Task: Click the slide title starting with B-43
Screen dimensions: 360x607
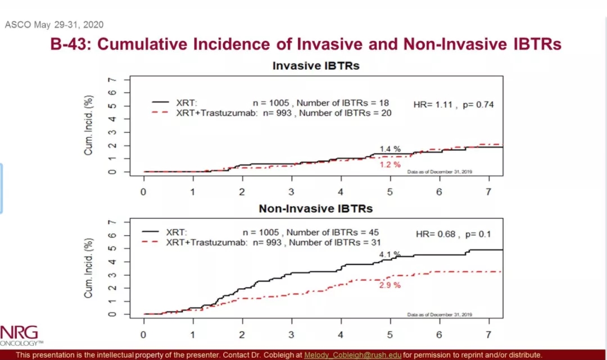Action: (x=306, y=44)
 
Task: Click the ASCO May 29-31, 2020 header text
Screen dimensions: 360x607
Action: (x=54, y=25)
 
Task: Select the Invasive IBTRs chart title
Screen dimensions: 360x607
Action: (x=316, y=66)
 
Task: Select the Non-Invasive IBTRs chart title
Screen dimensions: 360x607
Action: (x=316, y=208)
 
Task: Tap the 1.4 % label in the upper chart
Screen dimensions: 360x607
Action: (x=390, y=149)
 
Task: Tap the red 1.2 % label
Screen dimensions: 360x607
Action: (x=390, y=165)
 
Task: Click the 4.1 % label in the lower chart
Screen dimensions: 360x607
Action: (x=389, y=254)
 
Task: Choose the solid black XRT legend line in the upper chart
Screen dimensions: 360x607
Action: (x=161, y=103)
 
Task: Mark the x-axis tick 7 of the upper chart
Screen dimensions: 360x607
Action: (x=488, y=192)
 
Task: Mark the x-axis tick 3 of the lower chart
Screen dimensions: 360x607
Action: (x=291, y=334)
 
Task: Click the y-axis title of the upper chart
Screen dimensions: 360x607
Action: (x=89, y=125)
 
